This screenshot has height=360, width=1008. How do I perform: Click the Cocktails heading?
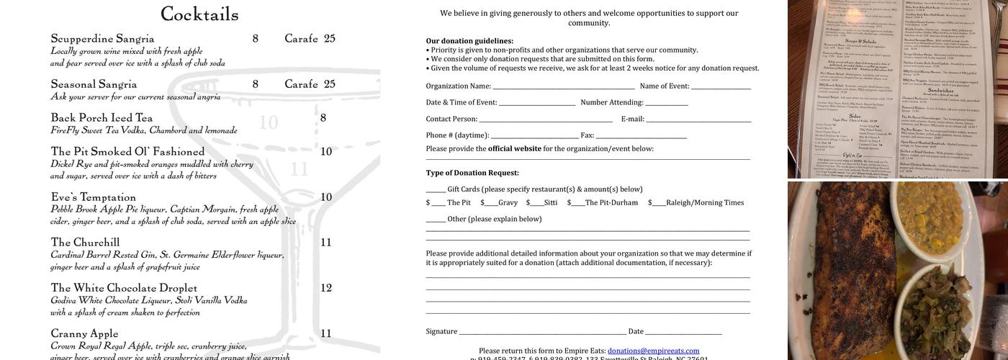click(199, 14)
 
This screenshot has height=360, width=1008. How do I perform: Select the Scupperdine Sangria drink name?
click(102, 39)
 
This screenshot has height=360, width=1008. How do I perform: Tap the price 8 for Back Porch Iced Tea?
click(323, 118)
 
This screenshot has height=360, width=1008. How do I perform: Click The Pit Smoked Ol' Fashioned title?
click(127, 152)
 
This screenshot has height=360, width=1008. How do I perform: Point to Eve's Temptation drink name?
click(93, 197)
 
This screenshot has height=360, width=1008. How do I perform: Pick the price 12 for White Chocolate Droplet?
click(326, 288)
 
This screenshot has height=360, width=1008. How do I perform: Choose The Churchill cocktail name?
click(85, 243)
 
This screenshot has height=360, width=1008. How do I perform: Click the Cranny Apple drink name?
click(84, 333)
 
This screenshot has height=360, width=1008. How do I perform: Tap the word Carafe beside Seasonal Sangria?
click(301, 84)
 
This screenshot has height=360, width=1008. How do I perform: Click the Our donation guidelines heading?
click(469, 41)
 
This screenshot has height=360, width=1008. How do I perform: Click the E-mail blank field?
click(698, 120)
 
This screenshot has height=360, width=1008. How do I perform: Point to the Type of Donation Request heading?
click(472, 173)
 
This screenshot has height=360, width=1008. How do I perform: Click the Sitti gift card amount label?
click(550, 203)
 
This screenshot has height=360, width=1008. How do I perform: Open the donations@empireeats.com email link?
click(653, 351)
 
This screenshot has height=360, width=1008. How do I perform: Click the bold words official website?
click(514, 149)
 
